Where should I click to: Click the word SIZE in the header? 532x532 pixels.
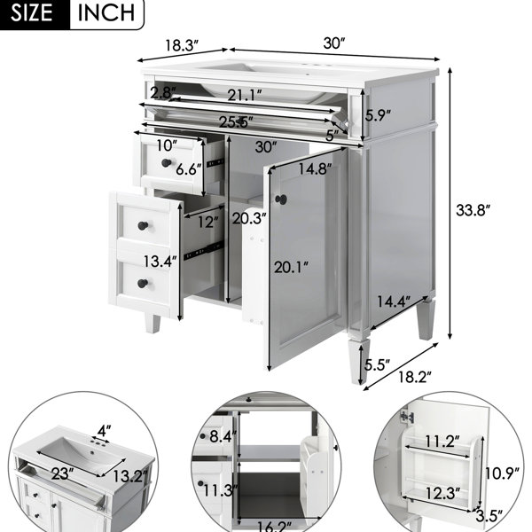click(x=31, y=13)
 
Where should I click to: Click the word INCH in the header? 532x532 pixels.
click(x=106, y=13)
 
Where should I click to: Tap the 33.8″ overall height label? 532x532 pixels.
click(x=473, y=210)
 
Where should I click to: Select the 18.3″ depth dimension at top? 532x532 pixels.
click(x=182, y=45)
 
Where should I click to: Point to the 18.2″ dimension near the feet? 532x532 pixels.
click(x=415, y=377)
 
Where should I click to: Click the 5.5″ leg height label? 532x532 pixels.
click(x=377, y=365)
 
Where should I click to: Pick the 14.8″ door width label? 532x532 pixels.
click(x=315, y=168)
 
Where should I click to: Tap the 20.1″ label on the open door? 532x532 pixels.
click(x=291, y=268)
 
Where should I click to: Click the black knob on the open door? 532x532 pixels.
click(x=281, y=199)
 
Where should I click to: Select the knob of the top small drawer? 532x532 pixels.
click(x=167, y=163)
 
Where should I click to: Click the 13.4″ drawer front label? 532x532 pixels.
click(x=160, y=262)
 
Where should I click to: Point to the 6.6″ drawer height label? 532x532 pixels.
click(x=189, y=169)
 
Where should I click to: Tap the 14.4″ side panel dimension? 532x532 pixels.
click(x=394, y=301)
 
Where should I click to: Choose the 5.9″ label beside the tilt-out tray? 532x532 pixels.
click(x=378, y=115)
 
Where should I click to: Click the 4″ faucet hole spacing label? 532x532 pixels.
click(x=104, y=431)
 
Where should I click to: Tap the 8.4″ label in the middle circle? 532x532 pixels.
click(x=223, y=436)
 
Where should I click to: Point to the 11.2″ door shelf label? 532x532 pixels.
click(x=442, y=442)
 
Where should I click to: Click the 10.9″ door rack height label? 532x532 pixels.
click(x=502, y=473)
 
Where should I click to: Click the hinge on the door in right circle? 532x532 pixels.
click(x=407, y=417)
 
